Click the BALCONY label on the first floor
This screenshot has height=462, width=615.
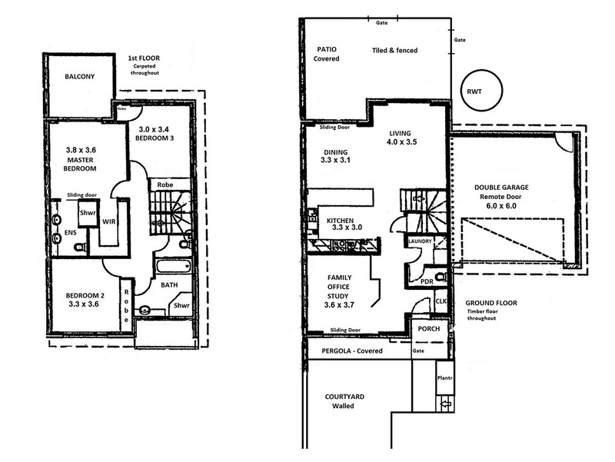80,76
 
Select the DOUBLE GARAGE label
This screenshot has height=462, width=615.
501,188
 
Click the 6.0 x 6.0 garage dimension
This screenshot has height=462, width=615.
501,206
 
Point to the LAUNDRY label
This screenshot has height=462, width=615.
420,241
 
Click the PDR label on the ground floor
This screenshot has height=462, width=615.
427,281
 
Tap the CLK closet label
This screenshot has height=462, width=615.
441,301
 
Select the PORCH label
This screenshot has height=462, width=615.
429,329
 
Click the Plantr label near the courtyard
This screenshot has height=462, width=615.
445,378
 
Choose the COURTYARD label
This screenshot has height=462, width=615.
344,397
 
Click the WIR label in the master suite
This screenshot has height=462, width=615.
108,221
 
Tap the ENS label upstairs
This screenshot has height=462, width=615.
71,233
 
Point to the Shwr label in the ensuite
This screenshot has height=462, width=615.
88,213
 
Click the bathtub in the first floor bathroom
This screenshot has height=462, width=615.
174,267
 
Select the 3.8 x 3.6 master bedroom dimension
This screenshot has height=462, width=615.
81,150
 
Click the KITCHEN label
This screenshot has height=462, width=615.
340,221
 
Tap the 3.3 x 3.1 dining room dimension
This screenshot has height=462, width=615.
335,160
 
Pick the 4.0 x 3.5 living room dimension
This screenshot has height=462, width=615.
401,142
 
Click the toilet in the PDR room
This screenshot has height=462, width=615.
441,277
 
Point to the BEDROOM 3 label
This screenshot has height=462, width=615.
155,138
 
